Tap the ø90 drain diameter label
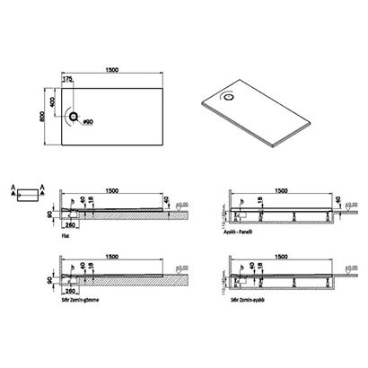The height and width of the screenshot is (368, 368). (x=88, y=120)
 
